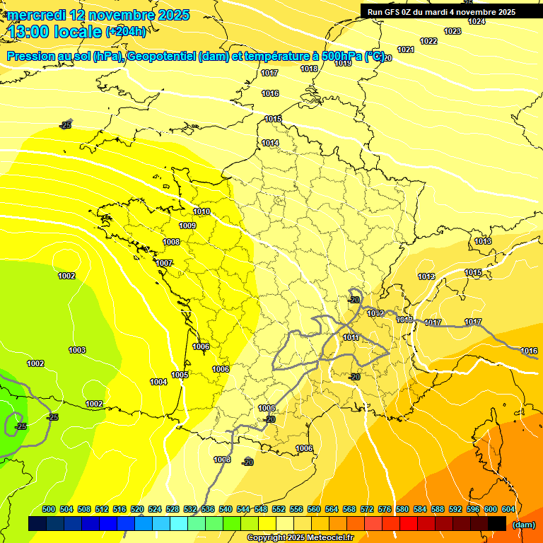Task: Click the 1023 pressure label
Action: [x=452, y=31]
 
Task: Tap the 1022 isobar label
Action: [x=428, y=41]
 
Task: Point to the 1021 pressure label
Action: [x=406, y=49]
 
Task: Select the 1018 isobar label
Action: [x=309, y=69]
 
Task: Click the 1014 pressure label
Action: [x=270, y=143]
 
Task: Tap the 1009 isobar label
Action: [x=187, y=226]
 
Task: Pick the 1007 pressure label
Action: [x=165, y=263]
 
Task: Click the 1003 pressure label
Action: [x=77, y=350]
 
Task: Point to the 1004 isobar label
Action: [x=158, y=382]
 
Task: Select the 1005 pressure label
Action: [x=180, y=375]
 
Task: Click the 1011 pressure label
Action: [x=351, y=337]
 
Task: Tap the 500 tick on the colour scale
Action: [x=49, y=509]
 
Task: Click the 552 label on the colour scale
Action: [x=279, y=509]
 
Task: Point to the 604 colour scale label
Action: [x=508, y=509]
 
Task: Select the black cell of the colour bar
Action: [x=497, y=523]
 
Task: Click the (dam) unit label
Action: [x=523, y=525]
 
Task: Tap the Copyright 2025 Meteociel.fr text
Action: [x=300, y=538]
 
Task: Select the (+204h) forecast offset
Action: [x=126, y=31]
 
